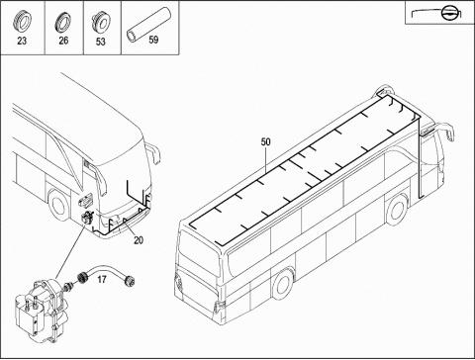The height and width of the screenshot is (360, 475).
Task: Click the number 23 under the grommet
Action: (22, 41)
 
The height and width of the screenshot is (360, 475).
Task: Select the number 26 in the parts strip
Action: (63, 41)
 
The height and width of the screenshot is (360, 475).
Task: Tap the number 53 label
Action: (101, 42)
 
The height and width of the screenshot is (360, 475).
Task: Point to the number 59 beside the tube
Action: (153, 40)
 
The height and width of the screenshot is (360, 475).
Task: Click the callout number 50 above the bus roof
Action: (265, 141)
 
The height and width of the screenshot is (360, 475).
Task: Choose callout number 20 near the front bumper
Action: (139, 240)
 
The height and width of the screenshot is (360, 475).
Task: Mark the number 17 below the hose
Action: (102, 280)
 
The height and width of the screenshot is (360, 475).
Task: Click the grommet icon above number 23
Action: (22, 22)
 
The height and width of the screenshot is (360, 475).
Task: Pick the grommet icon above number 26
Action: (63, 22)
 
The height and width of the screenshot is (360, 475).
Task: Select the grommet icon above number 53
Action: (101, 22)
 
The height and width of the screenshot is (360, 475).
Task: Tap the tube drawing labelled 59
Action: (149, 26)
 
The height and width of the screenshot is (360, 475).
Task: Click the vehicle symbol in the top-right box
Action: (436, 14)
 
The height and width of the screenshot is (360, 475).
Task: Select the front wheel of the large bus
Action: (398, 210)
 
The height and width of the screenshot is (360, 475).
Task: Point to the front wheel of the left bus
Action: (58, 205)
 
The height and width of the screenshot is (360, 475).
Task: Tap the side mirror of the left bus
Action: (153, 153)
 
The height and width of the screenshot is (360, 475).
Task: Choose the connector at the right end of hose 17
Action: (130, 281)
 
